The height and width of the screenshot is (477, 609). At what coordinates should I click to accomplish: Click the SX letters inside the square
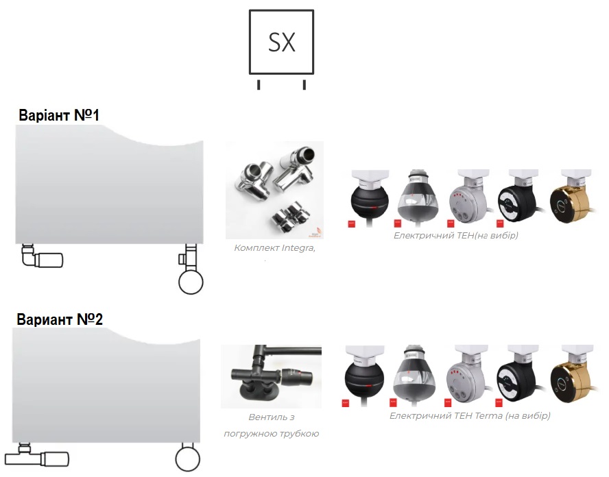tap(282, 42)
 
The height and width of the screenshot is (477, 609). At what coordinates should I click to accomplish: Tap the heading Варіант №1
tap(59, 115)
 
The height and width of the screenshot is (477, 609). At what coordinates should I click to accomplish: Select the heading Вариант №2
tap(60, 319)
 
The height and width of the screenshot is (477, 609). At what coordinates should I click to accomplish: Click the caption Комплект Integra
tap(274, 247)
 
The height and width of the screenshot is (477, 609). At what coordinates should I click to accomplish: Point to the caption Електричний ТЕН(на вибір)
tap(455, 235)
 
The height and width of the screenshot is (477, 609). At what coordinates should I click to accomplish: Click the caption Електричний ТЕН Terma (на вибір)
tap(470, 416)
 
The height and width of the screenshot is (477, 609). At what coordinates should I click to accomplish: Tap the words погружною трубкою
tap(271, 434)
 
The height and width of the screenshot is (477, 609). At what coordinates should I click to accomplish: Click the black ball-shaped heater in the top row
tap(369, 198)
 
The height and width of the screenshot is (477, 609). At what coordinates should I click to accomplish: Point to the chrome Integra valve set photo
tap(274, 190)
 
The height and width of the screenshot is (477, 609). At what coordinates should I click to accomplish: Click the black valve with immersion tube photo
tap(271, 376)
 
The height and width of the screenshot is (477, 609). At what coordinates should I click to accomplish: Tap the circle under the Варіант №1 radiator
tap(191, 282)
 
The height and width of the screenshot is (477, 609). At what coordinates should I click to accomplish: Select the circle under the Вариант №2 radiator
tap(188, 458)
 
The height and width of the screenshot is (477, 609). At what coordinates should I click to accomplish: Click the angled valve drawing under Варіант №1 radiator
tap(42, 256)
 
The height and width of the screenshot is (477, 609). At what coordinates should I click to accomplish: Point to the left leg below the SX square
tap(259, 84)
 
